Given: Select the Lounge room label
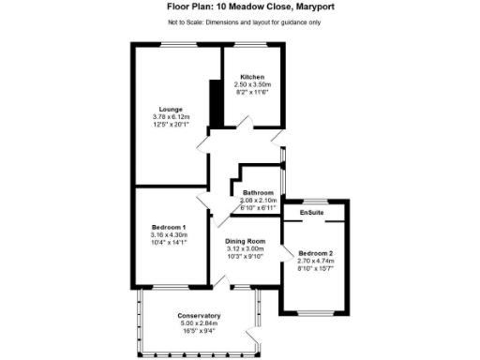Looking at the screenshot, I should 171,109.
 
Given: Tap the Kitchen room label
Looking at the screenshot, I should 252,77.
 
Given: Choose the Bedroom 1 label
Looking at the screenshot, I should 170,228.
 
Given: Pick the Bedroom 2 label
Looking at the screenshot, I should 315,254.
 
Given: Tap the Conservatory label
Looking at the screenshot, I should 198,316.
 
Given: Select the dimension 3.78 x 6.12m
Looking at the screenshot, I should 171,116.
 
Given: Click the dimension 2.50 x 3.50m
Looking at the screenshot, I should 252,84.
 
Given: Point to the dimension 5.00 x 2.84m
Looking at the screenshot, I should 198,323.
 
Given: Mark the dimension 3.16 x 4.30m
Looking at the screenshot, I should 170,235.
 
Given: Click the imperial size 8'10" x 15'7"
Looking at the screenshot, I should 315,269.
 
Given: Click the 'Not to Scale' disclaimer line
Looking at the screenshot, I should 240,21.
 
